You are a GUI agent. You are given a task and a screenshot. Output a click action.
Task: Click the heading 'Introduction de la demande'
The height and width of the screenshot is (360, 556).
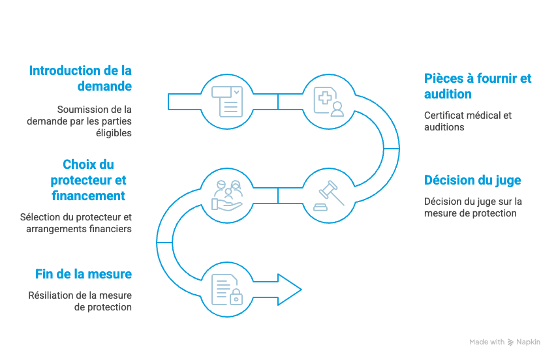click(80, 78)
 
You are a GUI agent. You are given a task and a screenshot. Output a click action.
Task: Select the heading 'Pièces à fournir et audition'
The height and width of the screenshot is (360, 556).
click(478, 86)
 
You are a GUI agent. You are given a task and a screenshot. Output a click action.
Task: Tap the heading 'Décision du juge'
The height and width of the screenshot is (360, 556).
click(472, 180)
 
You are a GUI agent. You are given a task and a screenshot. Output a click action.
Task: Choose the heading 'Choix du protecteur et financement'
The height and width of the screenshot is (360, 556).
click(88, 180)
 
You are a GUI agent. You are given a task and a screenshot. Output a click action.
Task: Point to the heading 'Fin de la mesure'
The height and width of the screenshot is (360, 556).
click(84, 274)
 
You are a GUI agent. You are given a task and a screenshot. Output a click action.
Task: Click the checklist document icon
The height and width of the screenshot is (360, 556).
click(227, 101)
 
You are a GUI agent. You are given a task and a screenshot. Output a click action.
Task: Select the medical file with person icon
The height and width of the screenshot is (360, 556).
click(329, 102)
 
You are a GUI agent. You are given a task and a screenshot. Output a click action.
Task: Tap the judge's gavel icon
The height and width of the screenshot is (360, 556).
click(329, 196)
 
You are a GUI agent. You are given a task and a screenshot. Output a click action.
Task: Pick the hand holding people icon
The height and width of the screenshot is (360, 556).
click(227, 195)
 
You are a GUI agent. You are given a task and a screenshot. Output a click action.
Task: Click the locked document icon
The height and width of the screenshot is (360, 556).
click(227, 290)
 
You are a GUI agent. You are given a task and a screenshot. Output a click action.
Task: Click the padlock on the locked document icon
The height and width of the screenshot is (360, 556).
click(236, 297)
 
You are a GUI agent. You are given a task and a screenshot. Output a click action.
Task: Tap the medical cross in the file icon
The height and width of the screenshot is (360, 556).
click(324, 97)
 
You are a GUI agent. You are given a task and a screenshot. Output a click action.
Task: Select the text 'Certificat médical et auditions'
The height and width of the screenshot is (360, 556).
click(468, 121)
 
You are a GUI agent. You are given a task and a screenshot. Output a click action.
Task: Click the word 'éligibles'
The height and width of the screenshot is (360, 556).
click(114, 133)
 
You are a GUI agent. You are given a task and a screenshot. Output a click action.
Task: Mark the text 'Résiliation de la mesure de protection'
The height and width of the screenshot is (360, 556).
click(80, 301)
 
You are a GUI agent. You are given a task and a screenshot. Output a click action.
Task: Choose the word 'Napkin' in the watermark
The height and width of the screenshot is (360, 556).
click(528, 342)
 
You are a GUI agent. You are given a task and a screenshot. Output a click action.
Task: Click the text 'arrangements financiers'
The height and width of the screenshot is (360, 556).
click(79, 229)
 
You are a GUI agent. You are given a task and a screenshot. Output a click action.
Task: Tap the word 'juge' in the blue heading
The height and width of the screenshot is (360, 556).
click(508, 181)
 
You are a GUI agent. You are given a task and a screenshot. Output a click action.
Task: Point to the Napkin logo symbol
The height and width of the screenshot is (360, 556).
click(510, 342)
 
